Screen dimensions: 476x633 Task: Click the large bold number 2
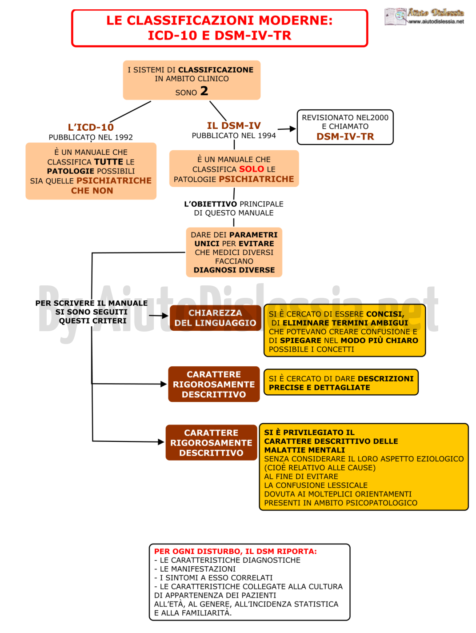(x=204, y=91)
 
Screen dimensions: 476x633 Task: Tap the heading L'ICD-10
(x=91, y=127)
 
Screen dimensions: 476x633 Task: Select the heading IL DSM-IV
(x=234, y=125)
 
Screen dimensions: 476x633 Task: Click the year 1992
(x=124, y=137)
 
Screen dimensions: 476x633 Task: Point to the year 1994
(x=267, y=136)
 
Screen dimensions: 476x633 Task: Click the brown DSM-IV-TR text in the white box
(x=345, y=136)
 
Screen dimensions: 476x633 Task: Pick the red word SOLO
(x=252, y=169)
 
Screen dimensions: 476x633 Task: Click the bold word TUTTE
(x=109, y=162)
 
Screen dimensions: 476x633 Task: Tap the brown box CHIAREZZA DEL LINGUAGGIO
(x=216, y=318)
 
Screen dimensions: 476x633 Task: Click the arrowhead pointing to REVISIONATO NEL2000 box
(x=292, y=128)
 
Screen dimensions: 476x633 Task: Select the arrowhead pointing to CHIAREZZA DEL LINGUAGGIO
(x=165, y=316)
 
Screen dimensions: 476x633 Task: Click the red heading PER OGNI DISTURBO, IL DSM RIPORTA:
(x=235, y=551)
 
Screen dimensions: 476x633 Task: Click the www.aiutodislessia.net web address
(x=436, y=21)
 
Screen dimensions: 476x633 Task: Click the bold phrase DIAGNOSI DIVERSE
(x=234, y=270)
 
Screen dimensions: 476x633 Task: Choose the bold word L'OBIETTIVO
(x=211, y=204)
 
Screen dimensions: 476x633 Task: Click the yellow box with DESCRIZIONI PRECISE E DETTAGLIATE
(x=341, y=382)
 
